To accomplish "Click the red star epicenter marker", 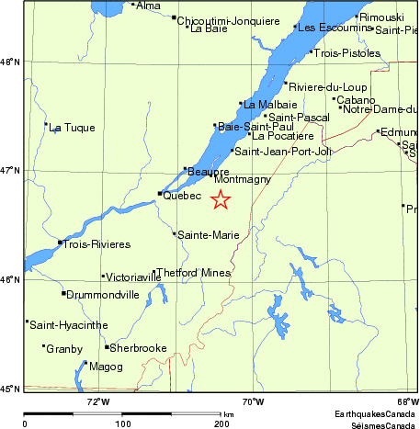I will coord(221,199).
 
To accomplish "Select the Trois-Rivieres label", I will coord(96,244).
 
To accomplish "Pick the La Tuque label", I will coord(72,128).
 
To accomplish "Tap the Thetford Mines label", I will coord(194,273).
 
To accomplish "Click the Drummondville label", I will coord(102,295).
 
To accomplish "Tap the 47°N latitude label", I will coord(9,171).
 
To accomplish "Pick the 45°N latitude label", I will coord(9,389).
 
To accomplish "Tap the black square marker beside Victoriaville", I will coord(103,276).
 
